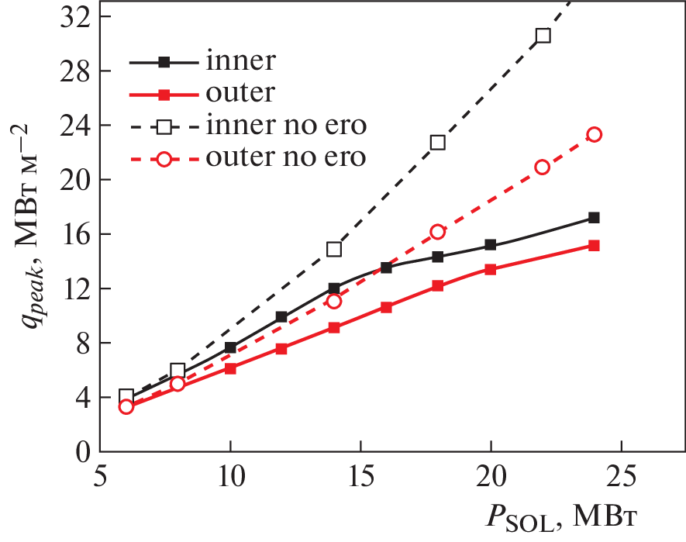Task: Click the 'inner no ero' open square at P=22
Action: coord(543,36)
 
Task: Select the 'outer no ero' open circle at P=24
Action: coord(595,134)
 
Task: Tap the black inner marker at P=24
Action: coord(595,218)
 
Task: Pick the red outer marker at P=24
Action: coord(595,245)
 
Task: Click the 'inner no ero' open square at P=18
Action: coord(438,142)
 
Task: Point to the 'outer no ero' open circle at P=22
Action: coord(543,167)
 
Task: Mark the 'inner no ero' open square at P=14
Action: coord(334,249)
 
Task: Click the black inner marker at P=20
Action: coord(491,244)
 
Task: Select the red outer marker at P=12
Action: coord(281,349)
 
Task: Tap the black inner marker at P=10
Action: coord(230,347)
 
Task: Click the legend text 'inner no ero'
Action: coord(286,125)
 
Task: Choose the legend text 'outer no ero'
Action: coord(286,157)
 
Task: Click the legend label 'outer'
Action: coord(240,93)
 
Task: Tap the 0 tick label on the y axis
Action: coord(82,451)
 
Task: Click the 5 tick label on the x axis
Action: coord(101,474)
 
